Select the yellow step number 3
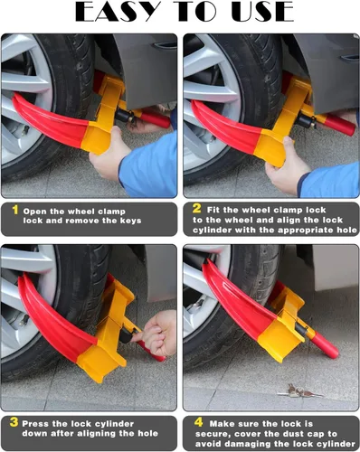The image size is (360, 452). (x=14, y=422)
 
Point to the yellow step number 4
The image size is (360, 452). (x=196, y=422)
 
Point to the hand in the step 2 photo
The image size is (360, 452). (x=287, y=167)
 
